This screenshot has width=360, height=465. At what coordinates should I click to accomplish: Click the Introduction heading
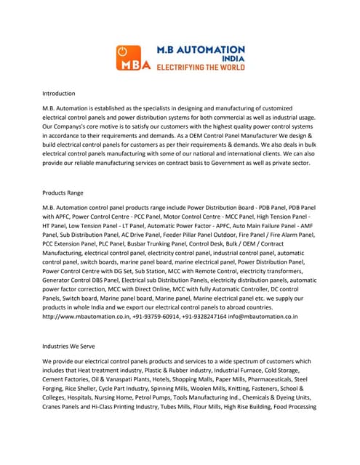point(58,93)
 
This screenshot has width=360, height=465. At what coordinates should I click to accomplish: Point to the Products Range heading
point(63,193)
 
